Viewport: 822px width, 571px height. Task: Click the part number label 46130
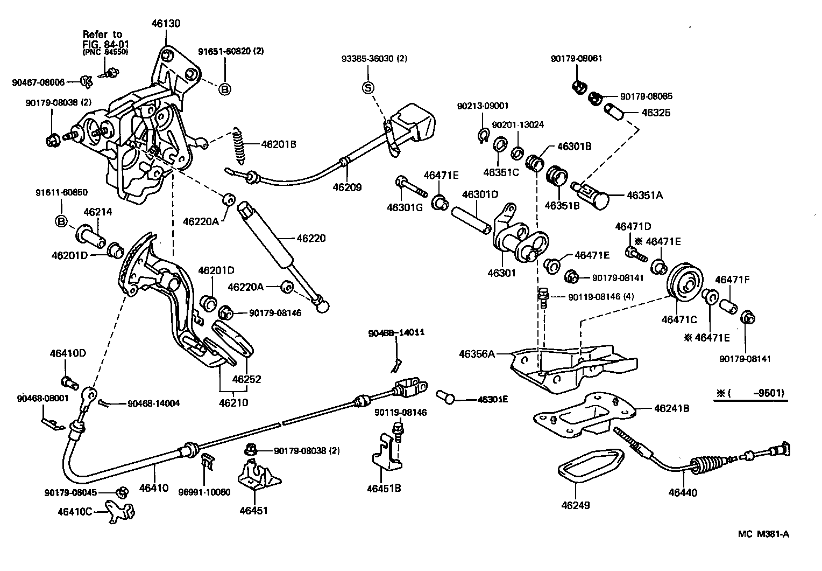166,24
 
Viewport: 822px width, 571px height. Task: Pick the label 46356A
476,354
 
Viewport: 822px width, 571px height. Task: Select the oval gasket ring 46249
590,463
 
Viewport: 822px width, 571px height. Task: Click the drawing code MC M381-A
763,534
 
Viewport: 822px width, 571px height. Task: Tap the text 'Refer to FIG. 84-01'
102,39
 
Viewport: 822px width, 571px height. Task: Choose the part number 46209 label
347,187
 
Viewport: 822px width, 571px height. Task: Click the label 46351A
644,196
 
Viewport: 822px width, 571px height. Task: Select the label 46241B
671,408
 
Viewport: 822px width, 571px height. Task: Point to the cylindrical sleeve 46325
613,113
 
